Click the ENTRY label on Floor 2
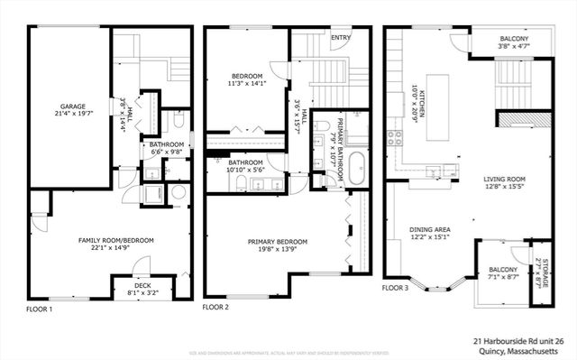pyautogui.click(x=340, y=38)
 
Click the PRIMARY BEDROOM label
pyautogui.click(x=278, y=241)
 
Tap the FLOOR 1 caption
pyautogui.click(x=39, y=309)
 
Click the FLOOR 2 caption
pyautogui.click(x=216, y=307)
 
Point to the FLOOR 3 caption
pyautogui.click(x=394, y=288)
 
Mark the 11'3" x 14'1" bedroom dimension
pyautogui.click(x=246, y=84)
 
